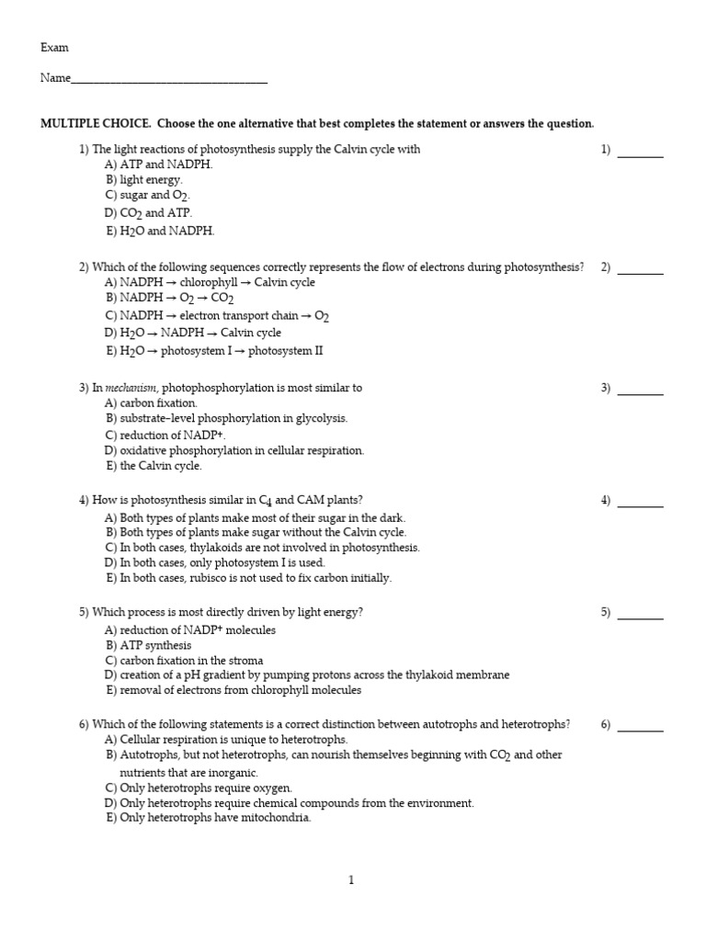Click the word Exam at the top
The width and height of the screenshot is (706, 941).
coord(54,48)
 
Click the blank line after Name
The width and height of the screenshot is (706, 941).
coord(169,81)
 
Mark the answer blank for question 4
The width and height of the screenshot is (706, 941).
coord(640,505)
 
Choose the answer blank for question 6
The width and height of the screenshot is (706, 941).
coord(640,729)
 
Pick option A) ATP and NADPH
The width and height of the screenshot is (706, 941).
coord(158,164)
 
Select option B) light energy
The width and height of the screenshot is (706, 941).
coord(144,180)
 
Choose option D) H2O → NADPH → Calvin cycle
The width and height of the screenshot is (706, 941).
coord(193,333)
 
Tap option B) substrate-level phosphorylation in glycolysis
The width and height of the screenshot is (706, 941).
coord(226,418)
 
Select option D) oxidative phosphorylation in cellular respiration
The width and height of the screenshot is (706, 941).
coord(234,450)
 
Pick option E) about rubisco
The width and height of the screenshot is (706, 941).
coord(248,578)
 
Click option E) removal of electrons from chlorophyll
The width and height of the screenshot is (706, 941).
coord(233,689)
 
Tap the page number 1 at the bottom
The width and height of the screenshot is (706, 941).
coord(351,880)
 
